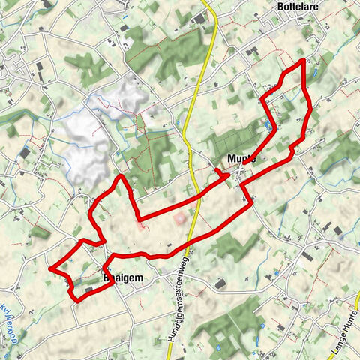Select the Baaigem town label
118,277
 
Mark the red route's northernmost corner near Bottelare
303,59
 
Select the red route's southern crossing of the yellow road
190,241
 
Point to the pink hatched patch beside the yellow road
179,219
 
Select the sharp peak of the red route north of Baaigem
120,176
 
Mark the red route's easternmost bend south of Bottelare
310,105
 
